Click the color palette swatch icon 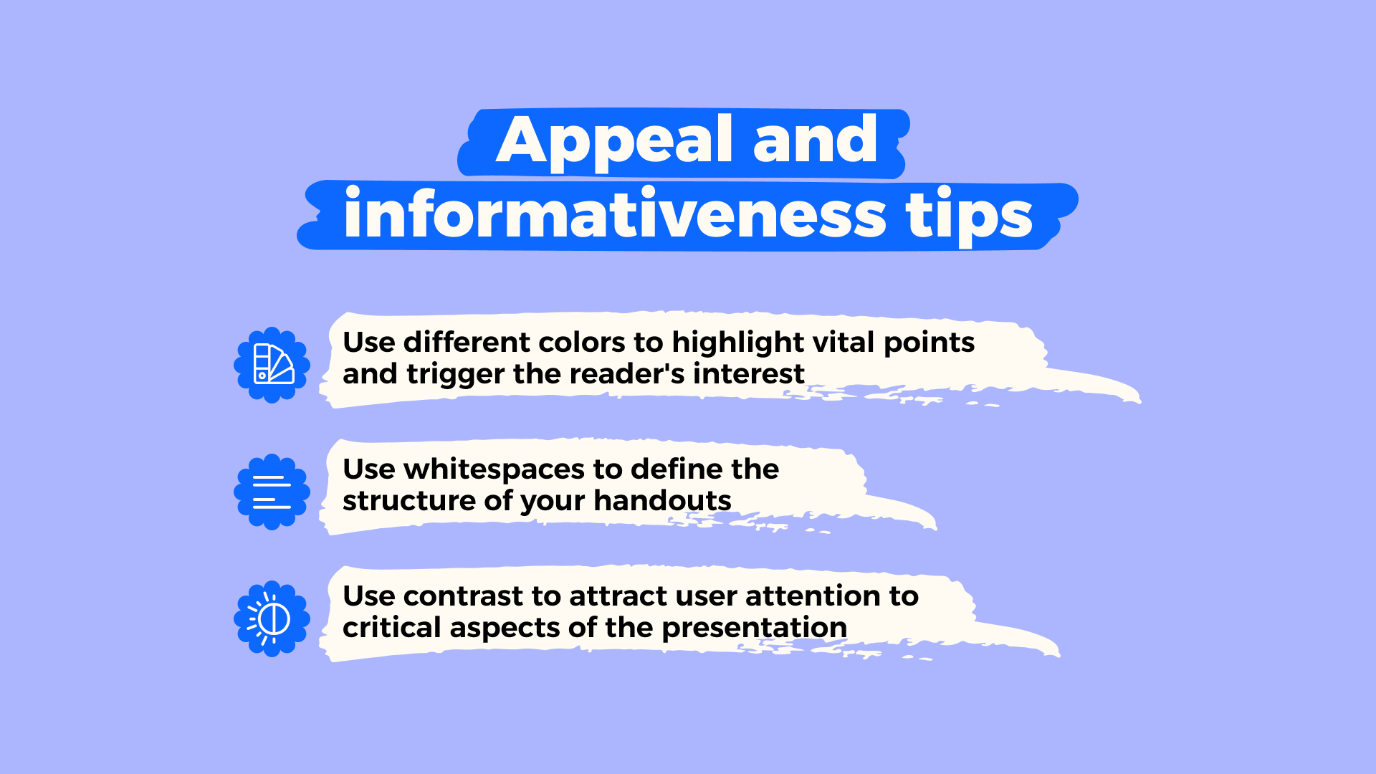272,365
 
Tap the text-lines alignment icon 272,492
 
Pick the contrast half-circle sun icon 272,618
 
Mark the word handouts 662,501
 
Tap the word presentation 754,628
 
